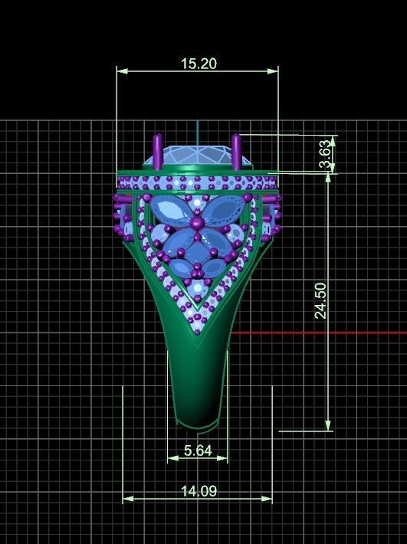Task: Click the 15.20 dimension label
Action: tap(198, 64)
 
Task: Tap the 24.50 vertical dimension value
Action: tap(320, 300)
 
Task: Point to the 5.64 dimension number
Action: tap(198, 451)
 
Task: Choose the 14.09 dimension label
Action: tap(198, 491)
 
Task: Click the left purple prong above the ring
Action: tap(158, 151)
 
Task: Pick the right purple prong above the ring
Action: tap(236, 151)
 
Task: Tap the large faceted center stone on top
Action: tap(197, 156)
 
